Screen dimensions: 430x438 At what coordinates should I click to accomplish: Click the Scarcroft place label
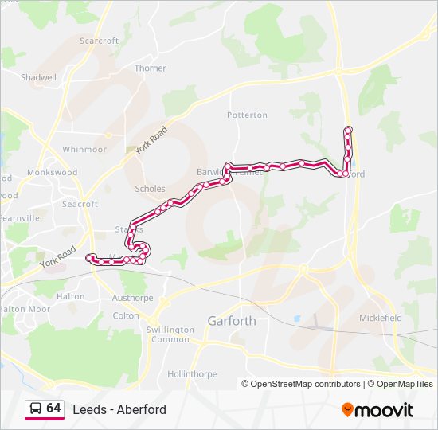click(100, 41)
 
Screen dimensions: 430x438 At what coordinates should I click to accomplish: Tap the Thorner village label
click(151, 68)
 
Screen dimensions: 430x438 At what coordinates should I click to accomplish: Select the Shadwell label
click(38, 78)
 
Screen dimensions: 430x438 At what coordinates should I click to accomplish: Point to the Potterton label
click(247, 115)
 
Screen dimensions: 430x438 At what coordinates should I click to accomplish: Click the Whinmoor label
click(84, 149)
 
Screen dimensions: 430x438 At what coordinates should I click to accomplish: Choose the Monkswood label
click(52, 172)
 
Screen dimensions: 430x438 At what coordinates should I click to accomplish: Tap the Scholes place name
click(151, 189)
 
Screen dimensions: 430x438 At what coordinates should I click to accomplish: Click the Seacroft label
click(80, 204)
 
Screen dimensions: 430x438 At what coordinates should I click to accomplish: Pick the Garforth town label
click(232, 321)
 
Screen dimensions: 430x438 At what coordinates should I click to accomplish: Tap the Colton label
click(126, 315)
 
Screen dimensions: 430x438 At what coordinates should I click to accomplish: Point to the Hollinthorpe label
click(192, 373)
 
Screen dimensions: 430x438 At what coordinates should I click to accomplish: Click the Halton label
click(72, 296)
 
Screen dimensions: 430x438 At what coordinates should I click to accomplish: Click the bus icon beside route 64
click(36, 409)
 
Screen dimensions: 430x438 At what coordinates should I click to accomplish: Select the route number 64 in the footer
click(53, 408)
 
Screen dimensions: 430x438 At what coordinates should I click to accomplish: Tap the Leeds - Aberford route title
click(119, 409)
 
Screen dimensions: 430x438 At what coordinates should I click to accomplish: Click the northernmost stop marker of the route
click(348, 130)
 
